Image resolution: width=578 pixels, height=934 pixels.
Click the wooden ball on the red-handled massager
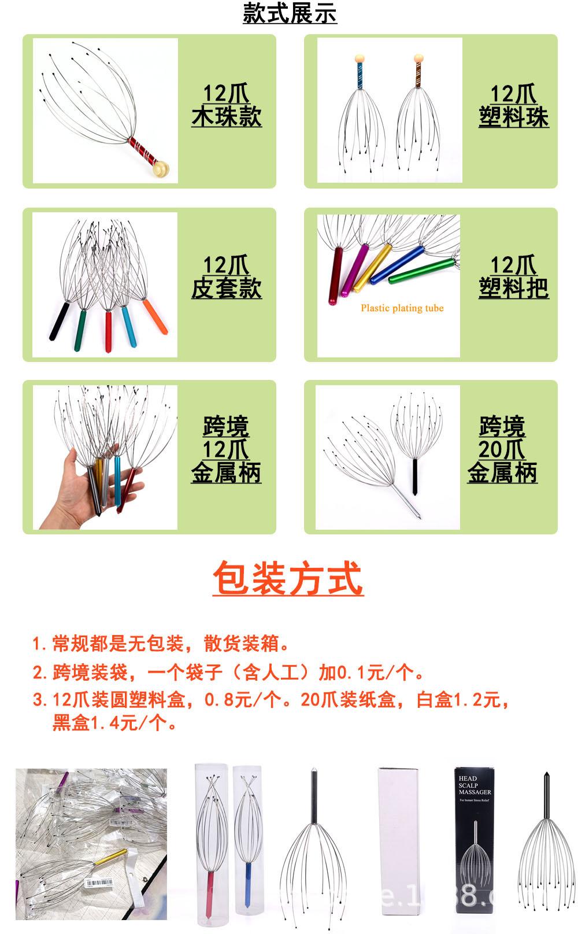pyautogui.click(x=161, y=168)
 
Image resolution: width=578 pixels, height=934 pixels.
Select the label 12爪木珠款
pyautogui.click(x=227, y=105)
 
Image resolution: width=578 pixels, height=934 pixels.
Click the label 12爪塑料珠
pyautogui.click(x=513, y=105)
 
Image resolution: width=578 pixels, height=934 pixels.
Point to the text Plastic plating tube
pyautogui.click(x=402, y=308)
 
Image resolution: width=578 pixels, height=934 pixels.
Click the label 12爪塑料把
pyautogui.click(x=513, y=276)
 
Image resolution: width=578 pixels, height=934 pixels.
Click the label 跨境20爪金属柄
pyautogui.click(x=502, y=449)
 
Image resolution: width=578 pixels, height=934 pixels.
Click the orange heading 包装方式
pyautogui.click(x=288, y=578)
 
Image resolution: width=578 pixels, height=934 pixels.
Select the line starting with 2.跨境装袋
pyautogui.click(x=228, y=672)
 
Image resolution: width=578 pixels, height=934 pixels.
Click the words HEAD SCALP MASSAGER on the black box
pyautogui.click(x=475, y=785)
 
